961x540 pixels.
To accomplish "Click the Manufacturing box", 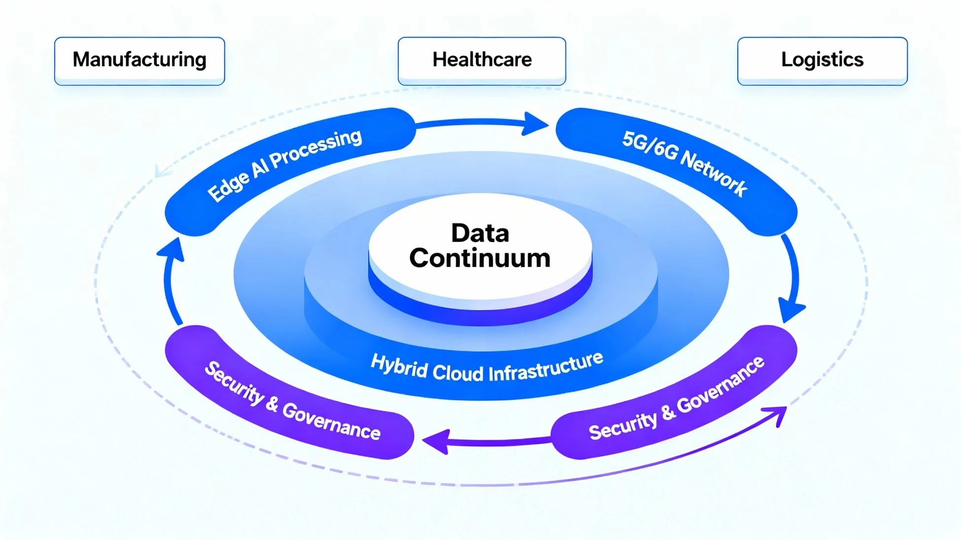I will tap(139, 60).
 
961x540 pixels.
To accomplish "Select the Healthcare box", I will tap(481, 60).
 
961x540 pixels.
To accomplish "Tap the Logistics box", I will tap(822, 60).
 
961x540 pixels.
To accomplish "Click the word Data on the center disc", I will tap(480, 233).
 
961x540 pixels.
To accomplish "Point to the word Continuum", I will tap(480, 258).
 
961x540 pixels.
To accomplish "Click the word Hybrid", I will tap(399, 366).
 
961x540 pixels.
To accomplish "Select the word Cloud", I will tap(458, 373).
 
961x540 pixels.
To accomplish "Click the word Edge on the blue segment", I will tap(228, 187).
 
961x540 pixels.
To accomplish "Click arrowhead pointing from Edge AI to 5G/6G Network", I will tap(535, 123).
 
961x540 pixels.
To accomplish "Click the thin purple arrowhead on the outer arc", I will tap(778, 414).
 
